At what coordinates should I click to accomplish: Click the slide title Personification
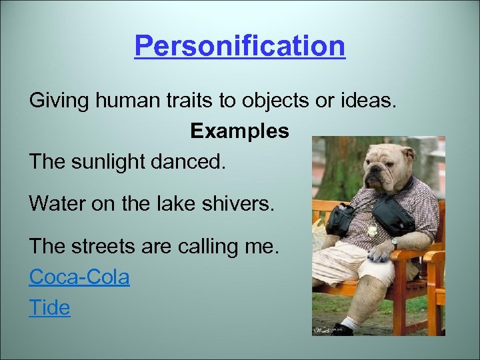pos(240,47)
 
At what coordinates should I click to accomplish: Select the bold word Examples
pos(239,131)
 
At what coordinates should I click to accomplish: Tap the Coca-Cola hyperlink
pos(79,276)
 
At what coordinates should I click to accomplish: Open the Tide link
pos(49,307)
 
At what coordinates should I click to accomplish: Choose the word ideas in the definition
pos(369,101)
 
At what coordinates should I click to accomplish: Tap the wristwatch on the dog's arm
pos(395,243)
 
